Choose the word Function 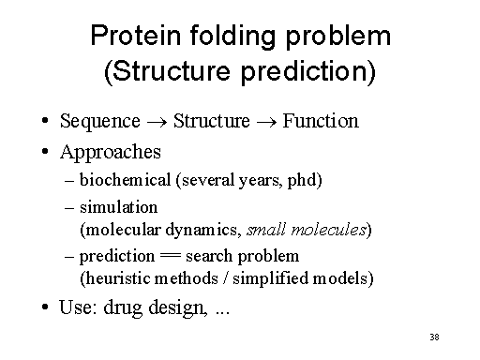321,121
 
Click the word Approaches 110,151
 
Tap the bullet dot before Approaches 45,152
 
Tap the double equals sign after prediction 170,256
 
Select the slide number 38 433,337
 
